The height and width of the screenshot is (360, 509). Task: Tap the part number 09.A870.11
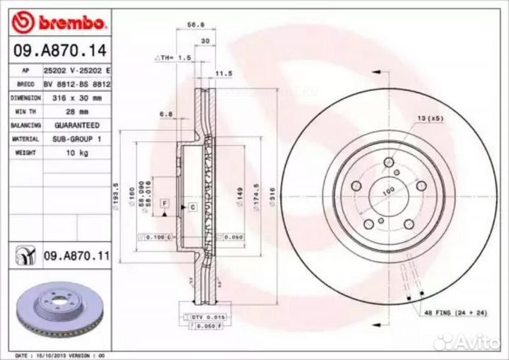tap(76, 254)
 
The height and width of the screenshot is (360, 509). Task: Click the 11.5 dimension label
tap(224, 73)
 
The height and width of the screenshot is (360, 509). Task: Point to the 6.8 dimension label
tap(167, 112)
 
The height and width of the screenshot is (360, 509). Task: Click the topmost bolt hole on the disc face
tap(388, 163)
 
